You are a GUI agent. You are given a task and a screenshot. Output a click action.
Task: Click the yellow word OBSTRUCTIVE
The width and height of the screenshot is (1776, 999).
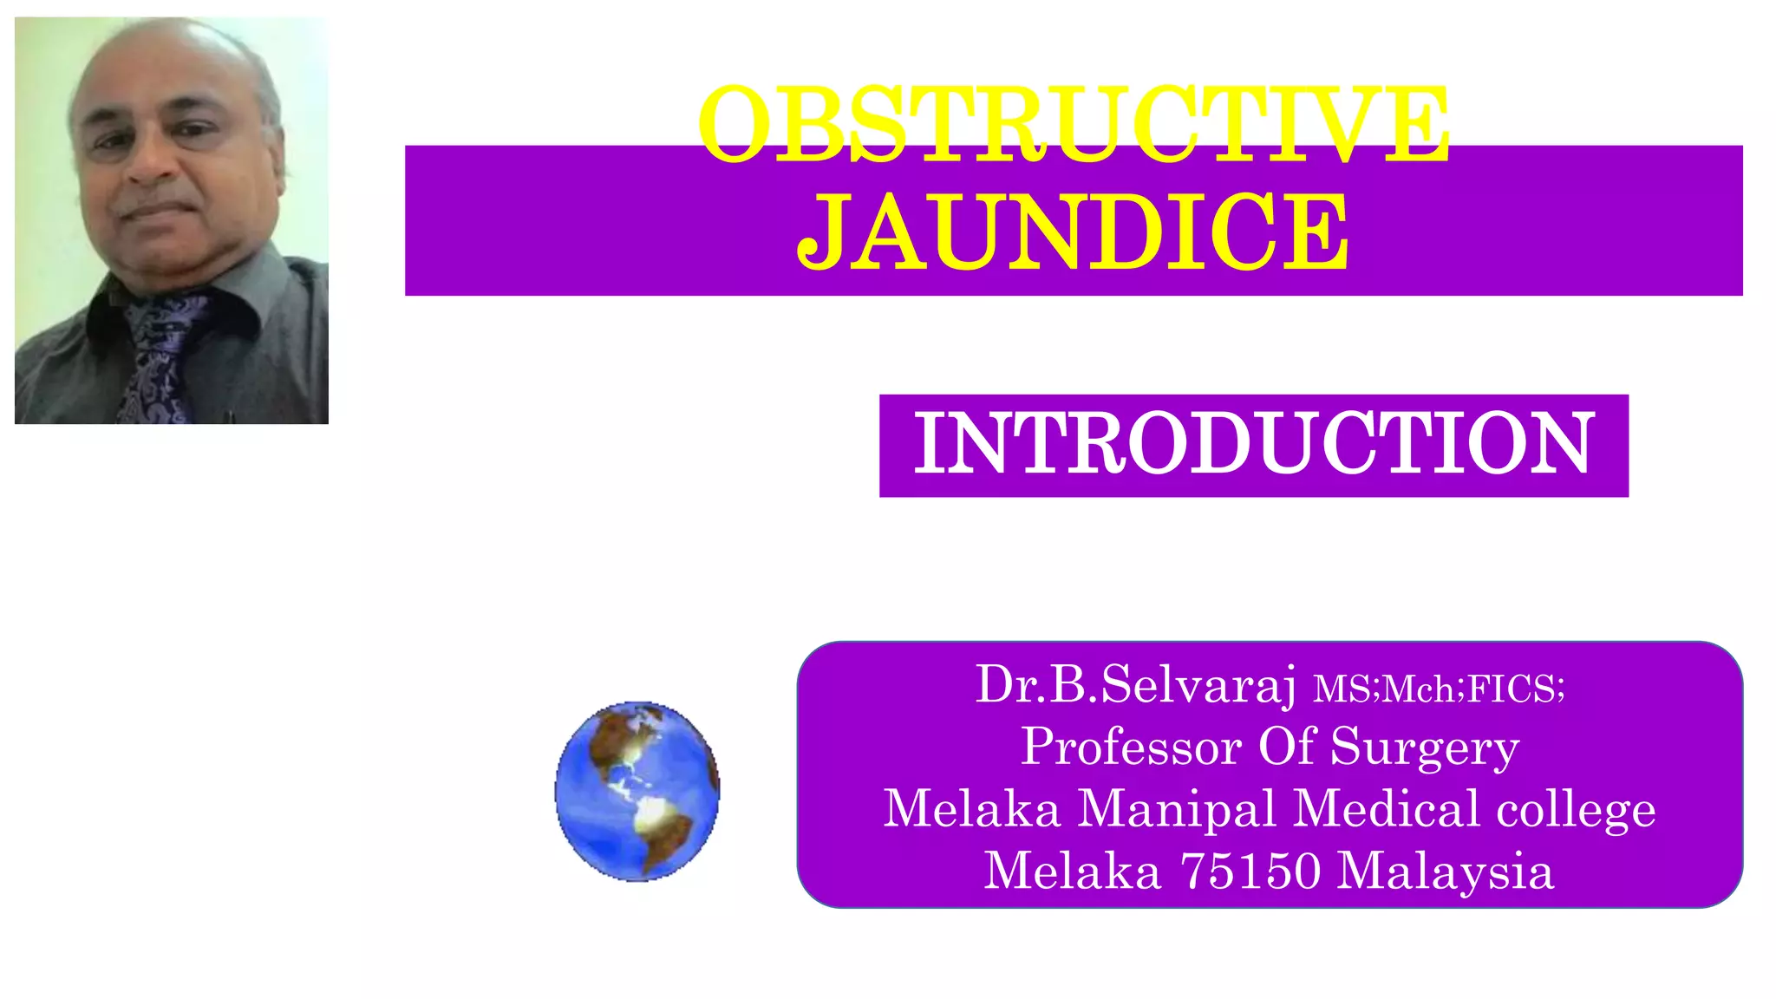click(x=1074, y=123)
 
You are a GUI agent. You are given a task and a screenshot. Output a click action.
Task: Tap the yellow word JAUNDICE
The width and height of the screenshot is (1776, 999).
click(x=1074, y=232)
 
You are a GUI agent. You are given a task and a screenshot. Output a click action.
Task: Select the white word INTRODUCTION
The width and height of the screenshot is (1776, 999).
click(x=1254, y=444)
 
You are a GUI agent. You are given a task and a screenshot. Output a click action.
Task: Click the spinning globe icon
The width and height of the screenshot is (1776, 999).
click(x=637, y=791)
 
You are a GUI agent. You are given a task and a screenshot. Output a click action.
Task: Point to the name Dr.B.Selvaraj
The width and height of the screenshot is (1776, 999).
click(x=1136, y=684)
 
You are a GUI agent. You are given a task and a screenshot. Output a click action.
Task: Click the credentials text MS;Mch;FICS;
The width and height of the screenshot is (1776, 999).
click(x=1440, y=689)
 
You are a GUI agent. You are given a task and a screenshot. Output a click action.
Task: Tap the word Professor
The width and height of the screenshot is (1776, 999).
click(x=1131, y=747)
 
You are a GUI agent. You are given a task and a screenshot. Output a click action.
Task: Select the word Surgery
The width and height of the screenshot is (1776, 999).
click(x=1425, y=748)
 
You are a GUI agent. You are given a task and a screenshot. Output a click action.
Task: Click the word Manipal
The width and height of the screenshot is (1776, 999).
click(x=1177, y=809)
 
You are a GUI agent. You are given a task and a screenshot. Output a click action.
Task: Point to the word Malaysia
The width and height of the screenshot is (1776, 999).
click(x=1446, y=872)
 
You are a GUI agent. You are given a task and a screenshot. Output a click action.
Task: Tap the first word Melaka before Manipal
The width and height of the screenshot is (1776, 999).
click(x=972, y=809)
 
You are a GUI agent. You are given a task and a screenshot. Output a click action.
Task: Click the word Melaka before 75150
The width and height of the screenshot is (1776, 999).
click(x=1073, y=871)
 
